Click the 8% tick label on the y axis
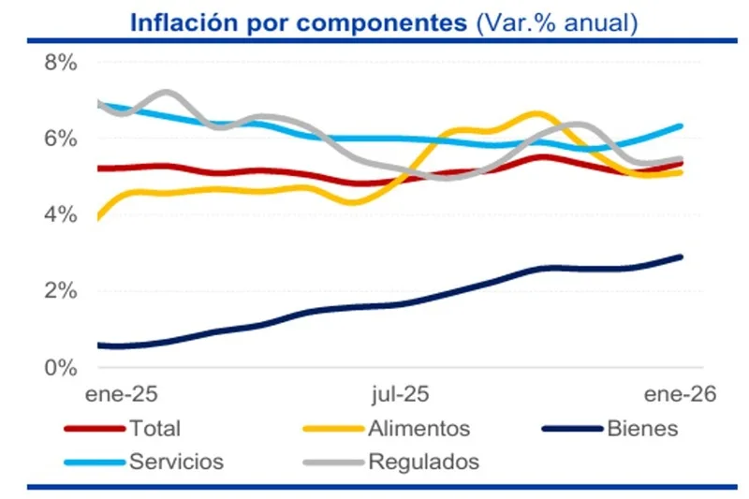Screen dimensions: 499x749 point(59,63)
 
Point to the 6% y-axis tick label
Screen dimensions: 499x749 point(59,139)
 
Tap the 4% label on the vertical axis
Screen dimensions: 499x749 point(59,214)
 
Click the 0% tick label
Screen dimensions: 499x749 point(59,367)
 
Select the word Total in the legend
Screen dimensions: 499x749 point(155,429)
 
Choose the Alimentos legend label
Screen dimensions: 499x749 point(419,429)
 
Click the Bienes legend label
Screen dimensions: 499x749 point(642,429)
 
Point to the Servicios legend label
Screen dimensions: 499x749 point(177,462)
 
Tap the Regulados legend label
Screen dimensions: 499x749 point(423,462)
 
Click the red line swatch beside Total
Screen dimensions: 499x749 point(94,429)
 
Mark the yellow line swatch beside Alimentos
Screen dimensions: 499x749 point(333,429)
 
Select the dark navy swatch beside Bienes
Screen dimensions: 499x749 point(571,429)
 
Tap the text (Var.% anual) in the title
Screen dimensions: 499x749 point(557,22)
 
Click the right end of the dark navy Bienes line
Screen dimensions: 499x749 point(680,257)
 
